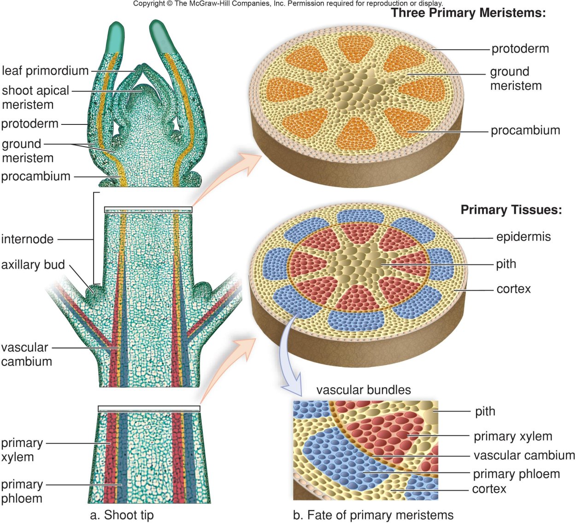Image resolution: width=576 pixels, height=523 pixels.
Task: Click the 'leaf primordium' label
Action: coord(45,71)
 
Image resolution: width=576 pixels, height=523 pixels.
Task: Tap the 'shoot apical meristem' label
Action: coord(35,97)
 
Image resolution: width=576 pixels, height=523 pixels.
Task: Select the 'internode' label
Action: coord(28,239)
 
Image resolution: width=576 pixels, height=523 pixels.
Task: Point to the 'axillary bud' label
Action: coord(33,265)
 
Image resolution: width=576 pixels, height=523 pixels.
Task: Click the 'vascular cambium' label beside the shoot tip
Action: coord(26,354)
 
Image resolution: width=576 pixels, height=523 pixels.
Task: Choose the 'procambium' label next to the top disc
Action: coord(525,130)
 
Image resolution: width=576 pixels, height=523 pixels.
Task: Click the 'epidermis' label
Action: coord(523,237)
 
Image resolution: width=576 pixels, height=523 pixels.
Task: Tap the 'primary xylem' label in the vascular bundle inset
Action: coord(513,436)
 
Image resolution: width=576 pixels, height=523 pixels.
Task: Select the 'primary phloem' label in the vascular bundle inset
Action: coord(517,474)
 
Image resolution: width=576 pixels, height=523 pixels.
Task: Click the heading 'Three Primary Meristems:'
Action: coord(468,13)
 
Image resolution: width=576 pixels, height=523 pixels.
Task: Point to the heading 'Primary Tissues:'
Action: coord(511,210)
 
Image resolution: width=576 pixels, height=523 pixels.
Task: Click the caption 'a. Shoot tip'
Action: coord(122,515)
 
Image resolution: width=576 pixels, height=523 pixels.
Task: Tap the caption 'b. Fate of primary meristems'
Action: coord(373,515)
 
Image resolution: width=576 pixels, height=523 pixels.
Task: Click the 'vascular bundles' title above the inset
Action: coord(364,390)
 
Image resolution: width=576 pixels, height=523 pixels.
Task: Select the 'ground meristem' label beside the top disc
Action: coord(516,79)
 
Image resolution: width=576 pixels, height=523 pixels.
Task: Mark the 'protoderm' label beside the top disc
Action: coord(520,49)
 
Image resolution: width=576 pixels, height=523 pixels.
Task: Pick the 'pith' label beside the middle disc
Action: coord(506,264)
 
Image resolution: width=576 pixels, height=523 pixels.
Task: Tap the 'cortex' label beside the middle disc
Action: coord(514,289)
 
